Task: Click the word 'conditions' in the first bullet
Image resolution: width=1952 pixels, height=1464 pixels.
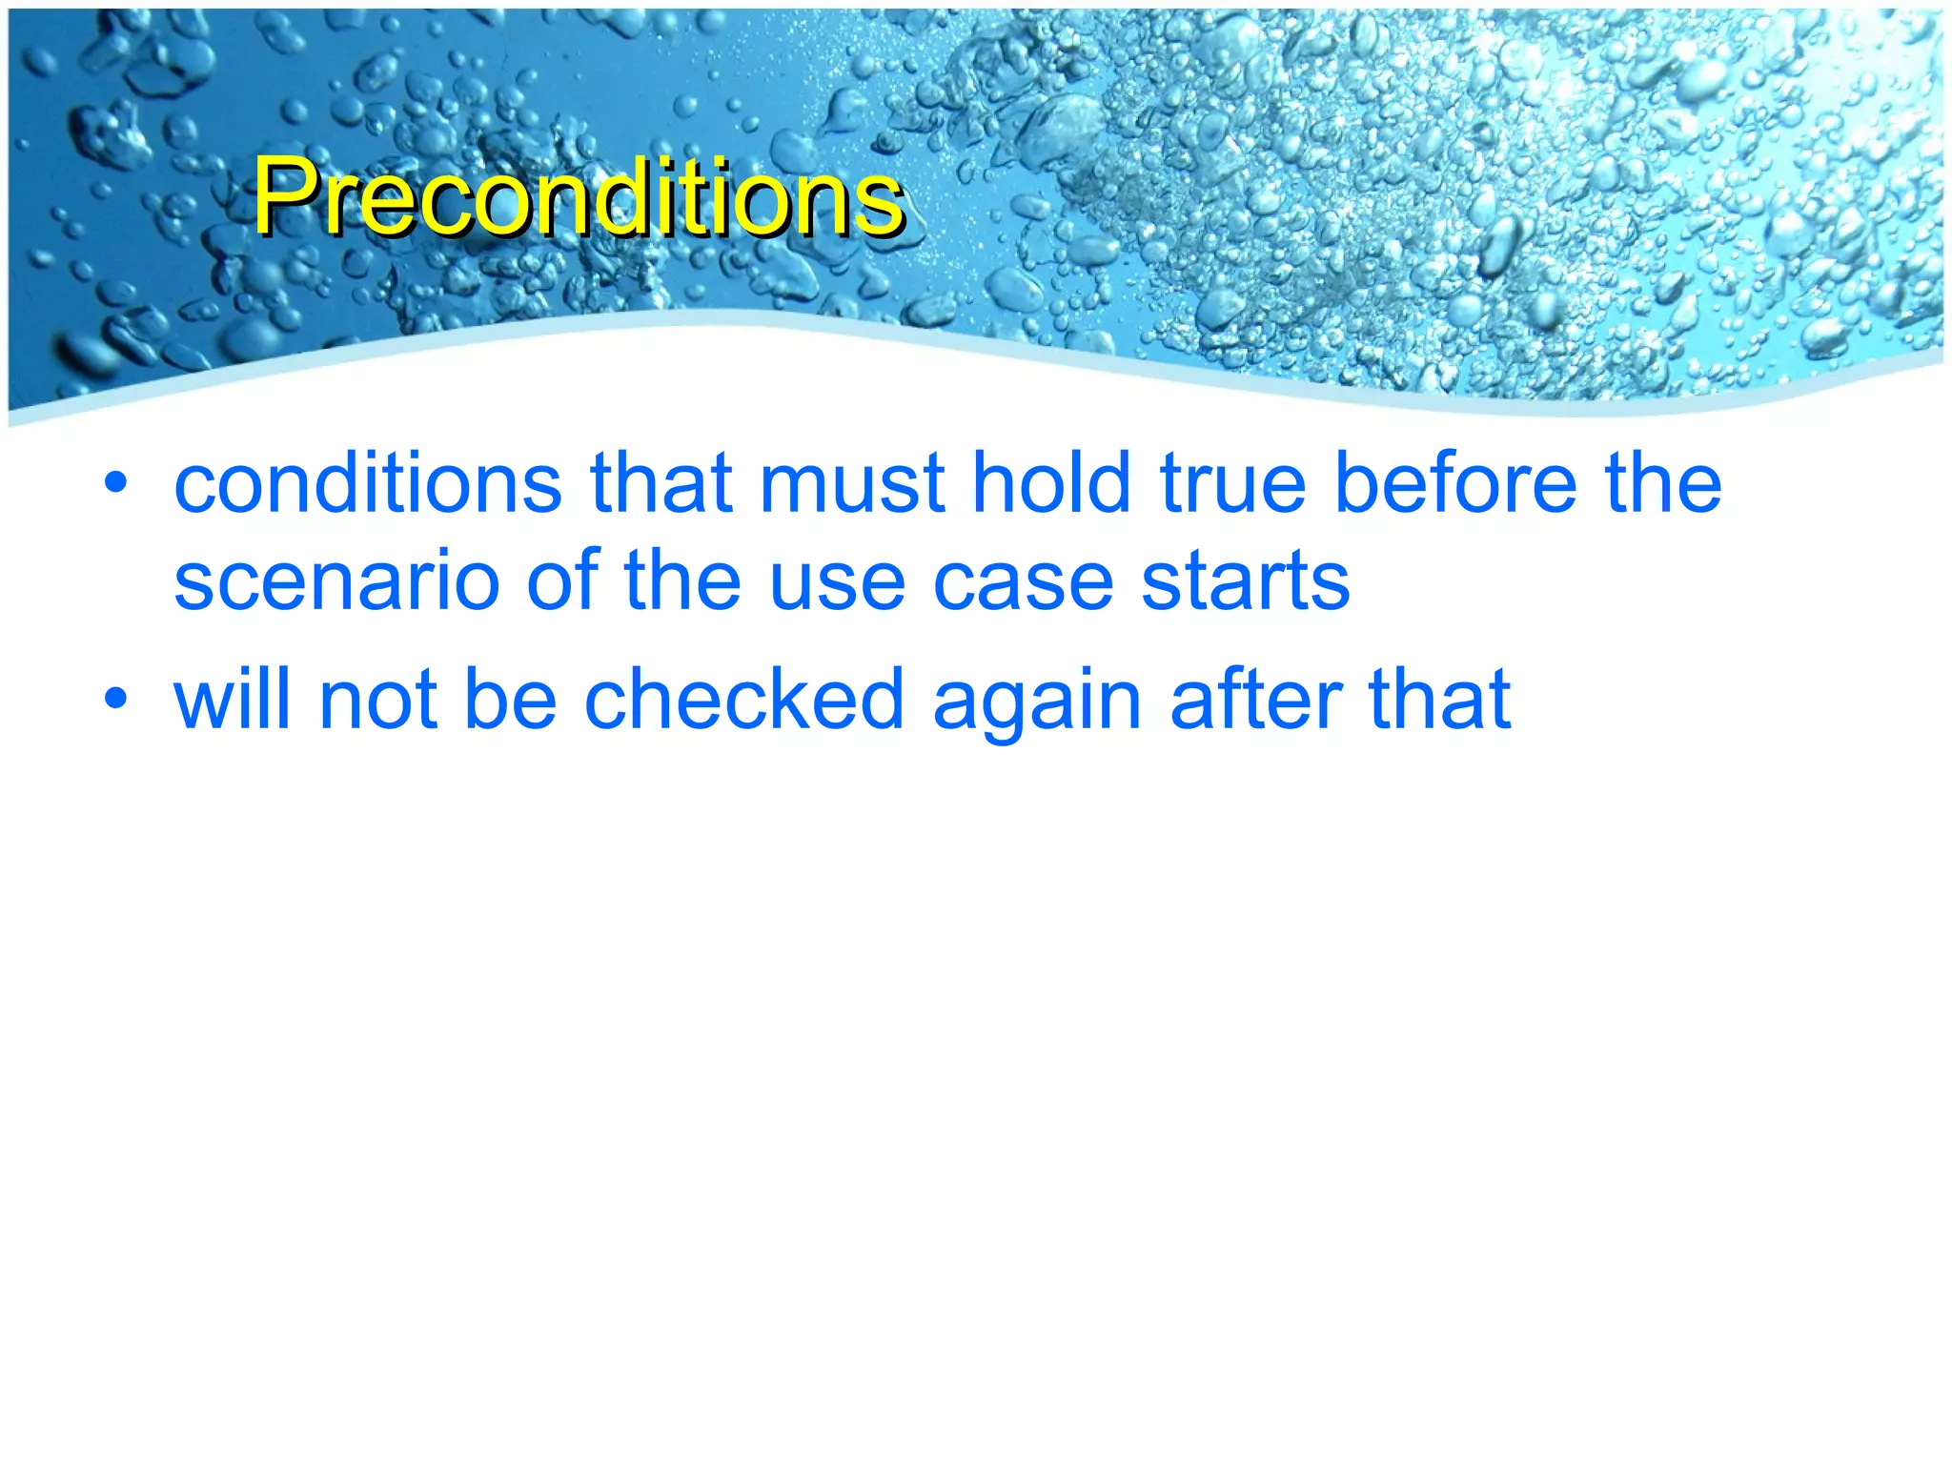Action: pos(368,483)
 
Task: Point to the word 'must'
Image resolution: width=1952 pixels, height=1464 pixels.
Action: pos(852,483)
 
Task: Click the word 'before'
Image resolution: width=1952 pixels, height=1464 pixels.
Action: pos(1454,483)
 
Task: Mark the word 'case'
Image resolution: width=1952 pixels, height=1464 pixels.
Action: pos(1023,582)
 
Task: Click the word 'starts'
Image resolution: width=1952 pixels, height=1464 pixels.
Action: pos(1246,582)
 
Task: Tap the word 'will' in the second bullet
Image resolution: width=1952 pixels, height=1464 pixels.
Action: pos(232,700)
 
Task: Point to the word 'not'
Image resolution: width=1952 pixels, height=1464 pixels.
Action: pos(378,700)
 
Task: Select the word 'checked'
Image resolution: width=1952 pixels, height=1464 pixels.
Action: pos(743,700)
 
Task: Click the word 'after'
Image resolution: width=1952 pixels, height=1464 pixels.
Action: pos(1255,700)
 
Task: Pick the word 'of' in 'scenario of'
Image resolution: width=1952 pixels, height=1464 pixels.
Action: pos(560,582)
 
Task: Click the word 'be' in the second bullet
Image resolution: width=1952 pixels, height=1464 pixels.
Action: pos(510,700)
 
